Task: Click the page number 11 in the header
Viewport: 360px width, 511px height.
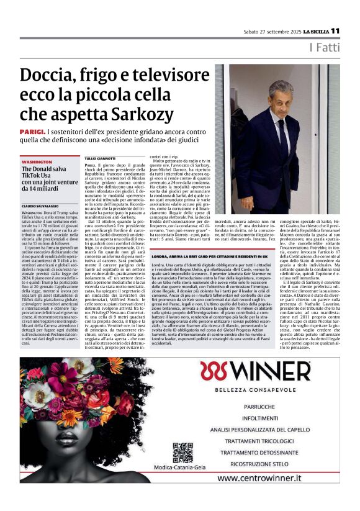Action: pos(335,30)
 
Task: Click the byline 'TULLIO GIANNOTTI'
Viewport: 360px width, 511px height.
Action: pos(96,160)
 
